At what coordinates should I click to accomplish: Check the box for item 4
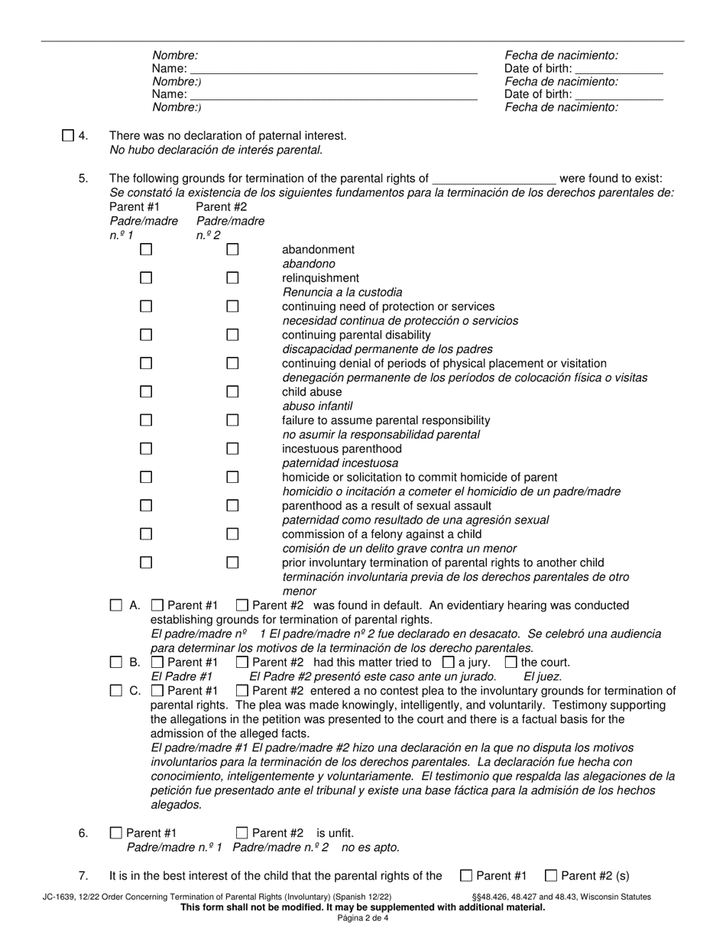[x=68, y=136]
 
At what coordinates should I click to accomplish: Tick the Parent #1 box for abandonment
[x=146, y=249]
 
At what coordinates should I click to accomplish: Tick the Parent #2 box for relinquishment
[x=232, y=278]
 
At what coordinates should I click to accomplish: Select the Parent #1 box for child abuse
[x=146, y=392]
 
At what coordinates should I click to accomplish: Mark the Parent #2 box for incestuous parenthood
[x=232, y=449]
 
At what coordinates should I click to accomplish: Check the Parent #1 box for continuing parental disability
[x=146, y=335]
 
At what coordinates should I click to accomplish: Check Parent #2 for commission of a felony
[x=232, y=534]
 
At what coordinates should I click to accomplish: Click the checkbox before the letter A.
[x=116, y=605]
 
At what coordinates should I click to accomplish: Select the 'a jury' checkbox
[x=449, y=662]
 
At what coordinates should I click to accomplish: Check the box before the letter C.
[x=116, y=691]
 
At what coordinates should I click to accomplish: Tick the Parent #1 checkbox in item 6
[x=116, y=833]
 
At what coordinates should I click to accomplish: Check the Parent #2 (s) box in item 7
[x=550, y=876]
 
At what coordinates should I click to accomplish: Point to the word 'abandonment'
[x=318, y=250]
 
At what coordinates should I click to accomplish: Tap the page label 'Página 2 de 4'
[x=362, y=918]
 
